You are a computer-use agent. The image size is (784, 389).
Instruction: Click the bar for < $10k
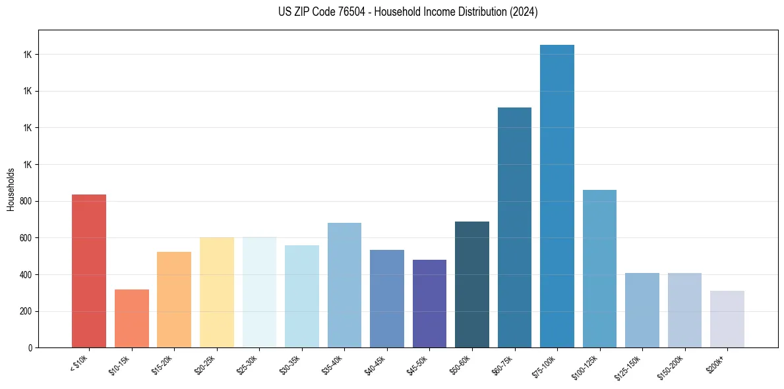(x=89, y=271)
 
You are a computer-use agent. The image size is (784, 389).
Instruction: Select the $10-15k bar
(x=132, y=318)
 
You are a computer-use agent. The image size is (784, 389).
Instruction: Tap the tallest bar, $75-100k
(x=557, y=196)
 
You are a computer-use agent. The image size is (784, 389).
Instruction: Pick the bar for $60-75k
(x=514, y=227)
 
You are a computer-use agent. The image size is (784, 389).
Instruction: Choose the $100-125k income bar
(x=599, y=268)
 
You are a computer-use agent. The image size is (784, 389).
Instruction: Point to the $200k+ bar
(x=727, y=319)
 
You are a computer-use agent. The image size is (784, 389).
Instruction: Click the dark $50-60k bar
(x=472, y=284)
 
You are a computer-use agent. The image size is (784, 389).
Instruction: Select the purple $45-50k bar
(x=429, y=303)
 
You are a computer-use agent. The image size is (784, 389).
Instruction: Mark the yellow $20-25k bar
(x=217, y=292)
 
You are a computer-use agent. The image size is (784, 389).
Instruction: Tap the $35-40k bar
(x=344, y=285)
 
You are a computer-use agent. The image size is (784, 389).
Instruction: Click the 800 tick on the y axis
(x=26, y=201)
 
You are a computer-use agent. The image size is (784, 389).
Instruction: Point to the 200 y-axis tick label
(x=26, y=311)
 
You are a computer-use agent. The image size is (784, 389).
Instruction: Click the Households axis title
(x=11, y=189)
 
